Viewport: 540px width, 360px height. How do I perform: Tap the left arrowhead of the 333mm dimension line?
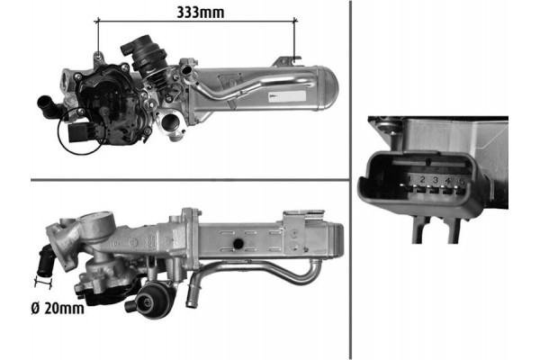coord(99,21)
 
